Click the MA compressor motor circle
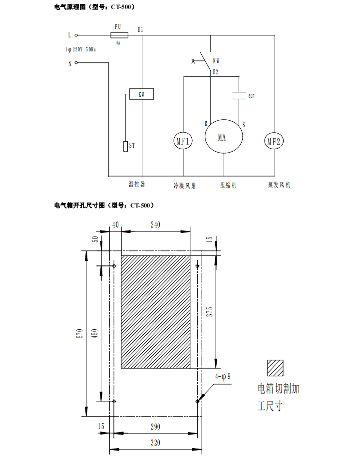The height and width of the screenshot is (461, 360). [223, 137]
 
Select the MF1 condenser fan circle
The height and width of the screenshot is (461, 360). [183, 141]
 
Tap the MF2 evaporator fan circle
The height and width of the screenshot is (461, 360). [274, 142]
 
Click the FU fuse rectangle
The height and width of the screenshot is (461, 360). [118, 35]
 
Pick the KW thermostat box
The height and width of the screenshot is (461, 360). [142, 94]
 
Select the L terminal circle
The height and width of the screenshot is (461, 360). [76, 35]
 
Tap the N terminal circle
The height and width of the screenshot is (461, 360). [76, 63]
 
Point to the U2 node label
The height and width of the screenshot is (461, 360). [215, 72]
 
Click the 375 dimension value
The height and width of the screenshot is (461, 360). [210, 312]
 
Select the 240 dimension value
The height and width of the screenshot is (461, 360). [155, 225]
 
